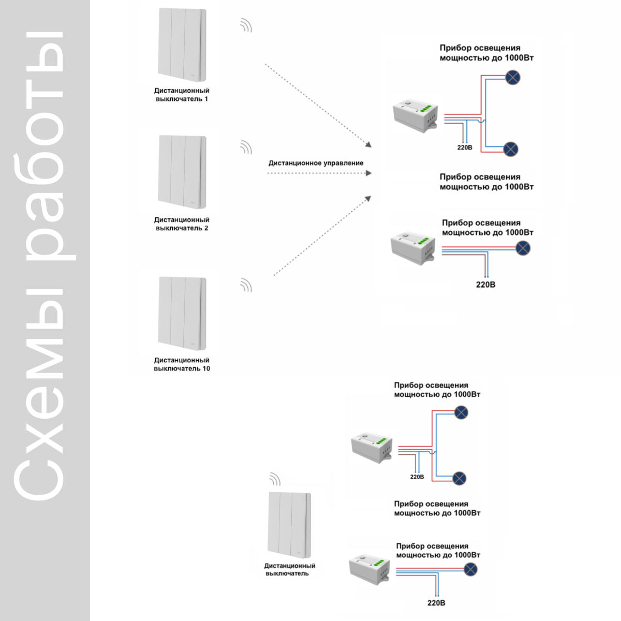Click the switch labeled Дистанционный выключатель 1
(182, 45)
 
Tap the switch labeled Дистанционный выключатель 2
(182, 172)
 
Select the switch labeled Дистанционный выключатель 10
(182, 313)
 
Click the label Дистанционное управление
(316, 163)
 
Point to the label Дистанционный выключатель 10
(182, 364)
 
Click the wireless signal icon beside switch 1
(246, 26)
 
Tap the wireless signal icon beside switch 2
(246, 147)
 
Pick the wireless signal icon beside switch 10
(246, 286)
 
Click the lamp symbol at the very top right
(512, 77)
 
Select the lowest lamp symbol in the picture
(470, 569)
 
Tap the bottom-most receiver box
(369, 570)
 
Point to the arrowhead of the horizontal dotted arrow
(368, 173)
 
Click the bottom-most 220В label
(436, 603)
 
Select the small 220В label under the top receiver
(464, 147)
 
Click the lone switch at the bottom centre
(289, 525)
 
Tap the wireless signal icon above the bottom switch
(275, 479)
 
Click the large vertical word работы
(45, 146)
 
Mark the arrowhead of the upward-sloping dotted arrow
(368, 199)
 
